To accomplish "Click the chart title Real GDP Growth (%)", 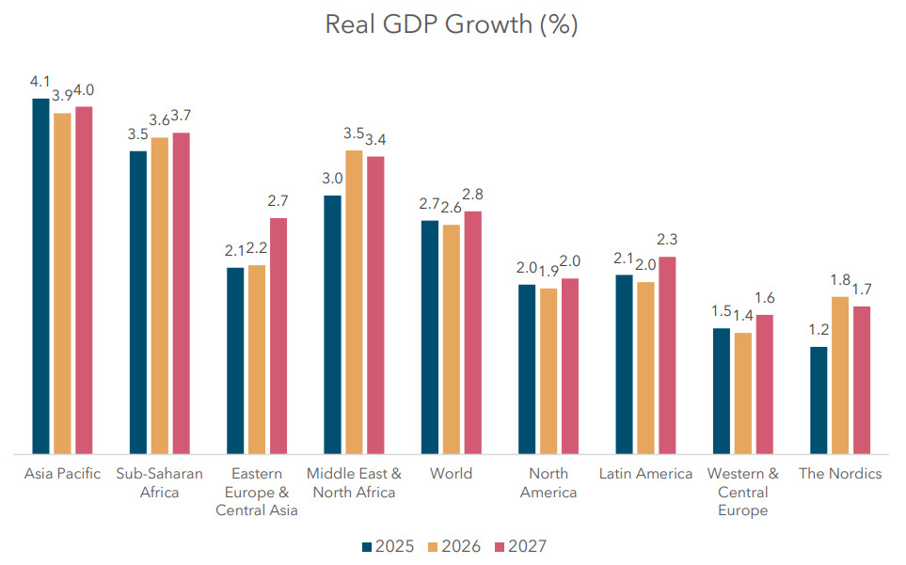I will (x=452, y=24).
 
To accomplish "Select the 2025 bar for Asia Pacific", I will (x=40, y=276).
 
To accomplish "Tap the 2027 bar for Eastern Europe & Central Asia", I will (x=278, y=337).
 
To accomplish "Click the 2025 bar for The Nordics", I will (x=819, y=401).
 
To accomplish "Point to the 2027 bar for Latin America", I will (x=667, y=356).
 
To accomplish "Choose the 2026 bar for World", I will (x=451, y=339).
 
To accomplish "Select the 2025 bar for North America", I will (x=527, y=369).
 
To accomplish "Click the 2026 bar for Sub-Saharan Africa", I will (x=160, y=296).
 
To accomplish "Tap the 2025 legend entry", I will (x=388, y=546).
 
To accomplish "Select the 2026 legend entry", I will (x=454, y=546).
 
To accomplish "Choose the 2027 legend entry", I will (x=520, y=546).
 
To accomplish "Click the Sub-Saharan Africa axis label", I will (x=159, y=482).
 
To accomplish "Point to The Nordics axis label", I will (x=840, y=473).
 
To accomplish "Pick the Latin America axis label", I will (x=645, y=473).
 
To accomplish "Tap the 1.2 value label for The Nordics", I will (x=819, y=331).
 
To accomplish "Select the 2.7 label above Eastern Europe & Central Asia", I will (x=278, y=201).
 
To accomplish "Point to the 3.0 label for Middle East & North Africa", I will (x=332, y=179).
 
